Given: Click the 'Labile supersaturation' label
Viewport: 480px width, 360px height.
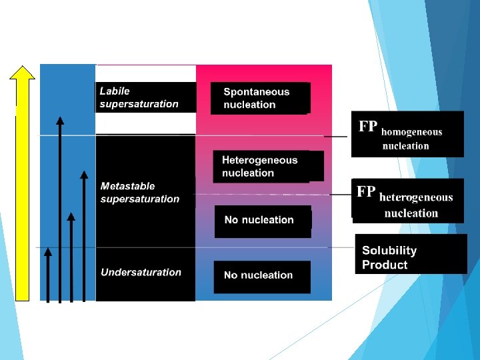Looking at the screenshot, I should pyautogui.click(x=139, y=97).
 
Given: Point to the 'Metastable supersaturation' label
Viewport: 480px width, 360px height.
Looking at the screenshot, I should pyautogui.click(x=140, y=193).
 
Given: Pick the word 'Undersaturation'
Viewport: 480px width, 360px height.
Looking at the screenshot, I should pyautogui.click(x=141, y=272).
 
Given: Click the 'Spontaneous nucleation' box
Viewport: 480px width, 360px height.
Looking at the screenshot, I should pyautogui.click(x=260, y=98).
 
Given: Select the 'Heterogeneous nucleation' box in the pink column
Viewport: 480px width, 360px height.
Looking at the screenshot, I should pyautogui.click(x=261, y=167).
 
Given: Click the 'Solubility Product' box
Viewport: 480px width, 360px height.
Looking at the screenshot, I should pyautogui.click(x=410, y=257).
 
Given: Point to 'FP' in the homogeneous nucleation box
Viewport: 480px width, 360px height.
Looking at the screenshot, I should pyautogui.click(x=368, y=127).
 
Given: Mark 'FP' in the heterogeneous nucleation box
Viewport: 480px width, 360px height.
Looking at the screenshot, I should pyautogui.click(x=366, y=192).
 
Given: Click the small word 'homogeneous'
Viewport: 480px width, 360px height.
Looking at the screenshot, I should pyautogui.click(x=411, y=132).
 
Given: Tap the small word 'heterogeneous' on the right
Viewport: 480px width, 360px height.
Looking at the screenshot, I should pyautogui.click(x=416, y=197).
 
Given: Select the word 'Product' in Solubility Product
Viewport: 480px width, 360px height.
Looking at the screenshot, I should pyautogui.click(x=385, y=265).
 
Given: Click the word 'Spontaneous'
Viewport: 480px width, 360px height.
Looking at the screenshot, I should pyautogui.click(x=257, y=92).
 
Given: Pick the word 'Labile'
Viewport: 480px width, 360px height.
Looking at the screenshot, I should pyautogui.click(x=115, y=91).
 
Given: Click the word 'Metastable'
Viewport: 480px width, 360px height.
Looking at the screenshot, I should pyautogui.click(x=127, y=186).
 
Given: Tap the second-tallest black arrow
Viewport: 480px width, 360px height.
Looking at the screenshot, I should pyautogui.click(x=83, y=236).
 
